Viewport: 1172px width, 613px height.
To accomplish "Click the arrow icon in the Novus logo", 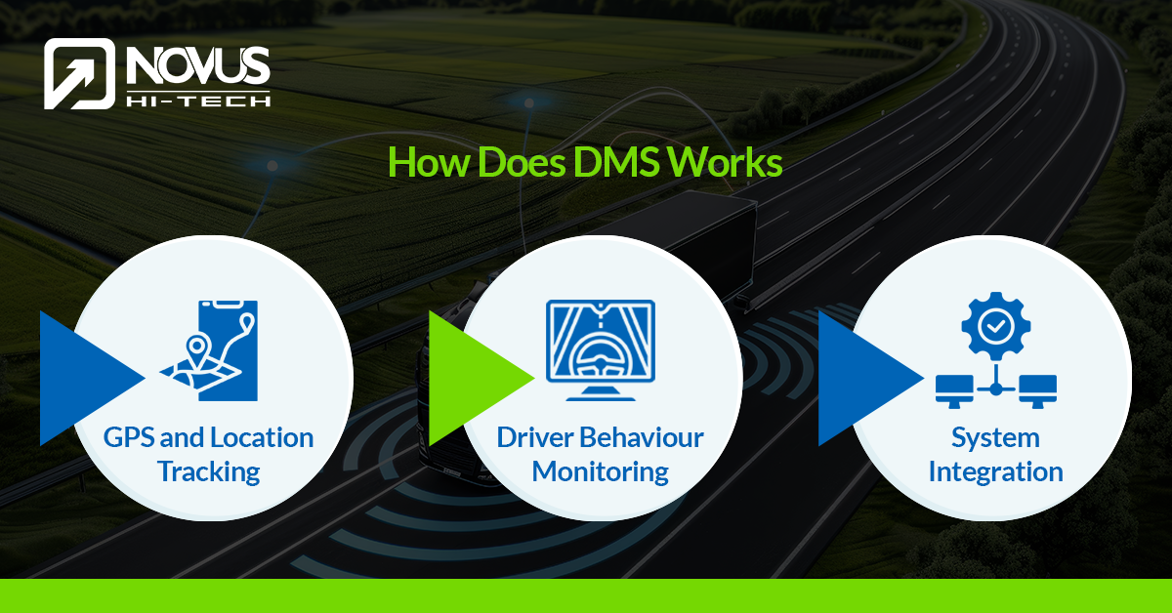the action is click(79, 74).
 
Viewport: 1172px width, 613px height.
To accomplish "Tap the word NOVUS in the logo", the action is click(198, 65).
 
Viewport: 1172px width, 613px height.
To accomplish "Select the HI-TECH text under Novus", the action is click(198, 101).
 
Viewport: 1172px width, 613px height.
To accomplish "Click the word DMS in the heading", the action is click(616, 162).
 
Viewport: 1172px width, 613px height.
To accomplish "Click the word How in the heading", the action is click(429, 162).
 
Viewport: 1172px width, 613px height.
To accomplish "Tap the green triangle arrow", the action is click(481, 378).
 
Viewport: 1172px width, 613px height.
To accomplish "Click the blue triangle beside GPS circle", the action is click(93, 378).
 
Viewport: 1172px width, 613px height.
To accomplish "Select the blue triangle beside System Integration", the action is click(870, 378).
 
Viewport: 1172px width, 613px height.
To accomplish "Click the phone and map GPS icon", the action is click(209, 350).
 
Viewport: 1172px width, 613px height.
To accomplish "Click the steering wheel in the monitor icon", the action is click(600, 357).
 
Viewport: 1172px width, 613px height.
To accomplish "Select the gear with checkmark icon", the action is click(996, 326).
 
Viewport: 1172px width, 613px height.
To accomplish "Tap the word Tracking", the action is click(209, 471).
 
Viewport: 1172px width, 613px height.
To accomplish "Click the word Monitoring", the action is click(600, 472).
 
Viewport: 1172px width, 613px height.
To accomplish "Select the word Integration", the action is click(995, 472).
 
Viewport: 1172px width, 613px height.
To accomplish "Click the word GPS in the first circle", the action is click(129, 437).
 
